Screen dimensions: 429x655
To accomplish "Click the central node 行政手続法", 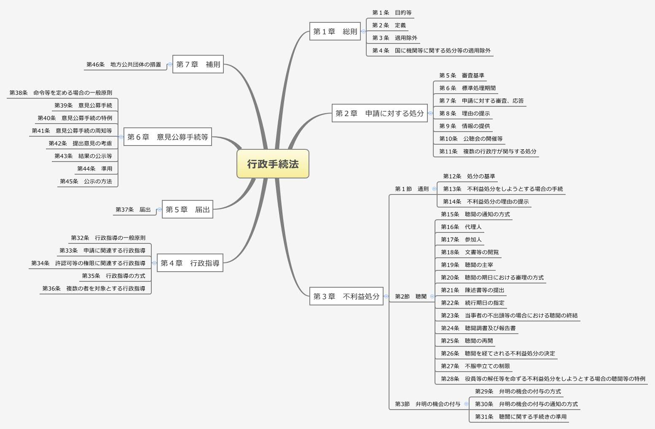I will coord(273,164).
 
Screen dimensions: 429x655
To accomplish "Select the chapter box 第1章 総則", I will coord(335,31).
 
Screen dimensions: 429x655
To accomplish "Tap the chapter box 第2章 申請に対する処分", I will coord(379,113).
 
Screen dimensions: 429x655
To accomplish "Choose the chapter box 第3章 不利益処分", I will coord(346,296).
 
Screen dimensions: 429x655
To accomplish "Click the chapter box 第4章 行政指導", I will coord(190,263).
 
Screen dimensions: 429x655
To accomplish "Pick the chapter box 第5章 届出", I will coord(188,209).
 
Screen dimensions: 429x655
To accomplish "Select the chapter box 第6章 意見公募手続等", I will coord(167,137).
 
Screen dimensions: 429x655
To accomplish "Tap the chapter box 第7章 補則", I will coord(198,64).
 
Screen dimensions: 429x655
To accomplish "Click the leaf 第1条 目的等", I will coord(392,13).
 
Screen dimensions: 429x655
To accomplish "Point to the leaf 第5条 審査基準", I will coord(462,76).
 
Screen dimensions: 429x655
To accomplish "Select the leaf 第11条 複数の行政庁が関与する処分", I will coord(488,151).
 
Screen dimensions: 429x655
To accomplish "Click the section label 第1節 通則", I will coord(411,189).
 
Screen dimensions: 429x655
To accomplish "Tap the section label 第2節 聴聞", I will coord(411,297).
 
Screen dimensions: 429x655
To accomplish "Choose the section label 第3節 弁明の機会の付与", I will coord(427,404).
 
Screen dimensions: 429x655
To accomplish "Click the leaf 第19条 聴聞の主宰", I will coord(467,265).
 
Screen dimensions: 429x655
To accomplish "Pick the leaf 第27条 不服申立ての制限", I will coord(475,366).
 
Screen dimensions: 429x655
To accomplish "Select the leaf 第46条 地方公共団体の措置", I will coord(123,65).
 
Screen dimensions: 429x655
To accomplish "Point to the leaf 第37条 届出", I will coord(133,210).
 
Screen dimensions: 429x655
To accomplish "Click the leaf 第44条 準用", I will coord(94,169).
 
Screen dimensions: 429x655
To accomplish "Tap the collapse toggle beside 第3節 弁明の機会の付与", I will coord(466,404).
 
